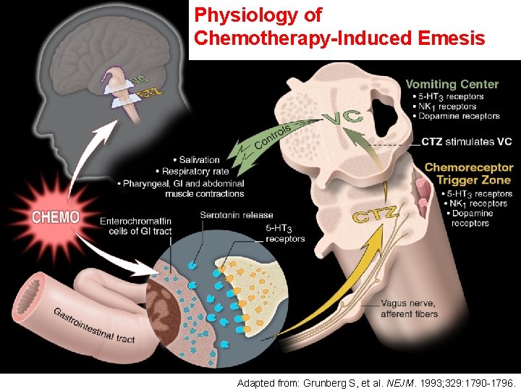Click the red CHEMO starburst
click(x=56, y=216)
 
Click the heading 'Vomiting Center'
click(x=452, y=84)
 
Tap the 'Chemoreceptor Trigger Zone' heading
click(x=467, y=174)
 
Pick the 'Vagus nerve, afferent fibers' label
click(x=409, y=308)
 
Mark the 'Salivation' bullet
click(x=200, y=160)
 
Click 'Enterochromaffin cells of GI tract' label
click(x=135, y=226)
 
